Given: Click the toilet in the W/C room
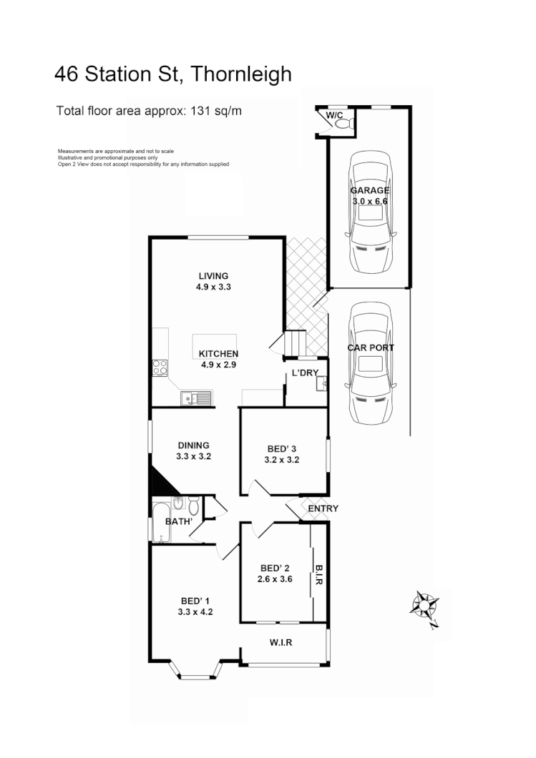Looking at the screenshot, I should [x=343, y=124].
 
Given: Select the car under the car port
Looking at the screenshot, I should [x=370, y=363].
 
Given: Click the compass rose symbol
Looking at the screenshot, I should [x=424, y=606].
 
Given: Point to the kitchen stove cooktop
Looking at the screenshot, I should [x=160, y=369].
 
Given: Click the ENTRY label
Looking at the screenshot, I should [x=323, y=508].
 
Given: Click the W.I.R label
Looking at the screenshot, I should [x=281, y=642].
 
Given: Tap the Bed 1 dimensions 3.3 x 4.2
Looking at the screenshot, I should [x=195, y=611].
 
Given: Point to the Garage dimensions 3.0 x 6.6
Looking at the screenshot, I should [x=370, y=202].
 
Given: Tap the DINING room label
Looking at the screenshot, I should [x=193, y=445].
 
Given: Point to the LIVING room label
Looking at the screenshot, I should [x=213, y=275].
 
